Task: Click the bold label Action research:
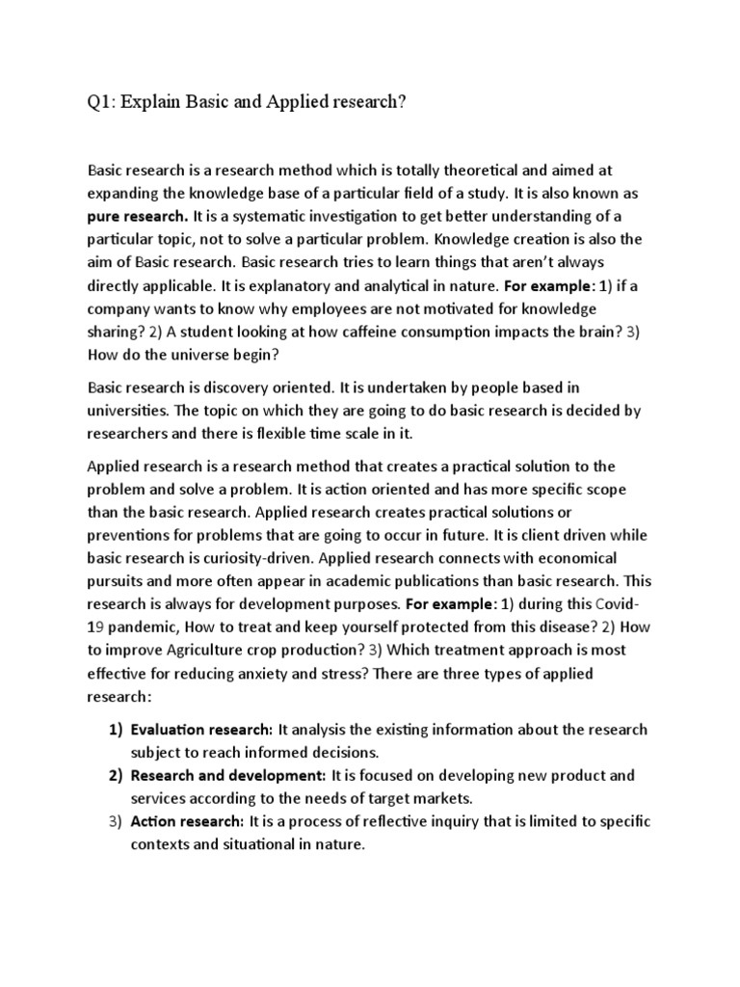[188, 821]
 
